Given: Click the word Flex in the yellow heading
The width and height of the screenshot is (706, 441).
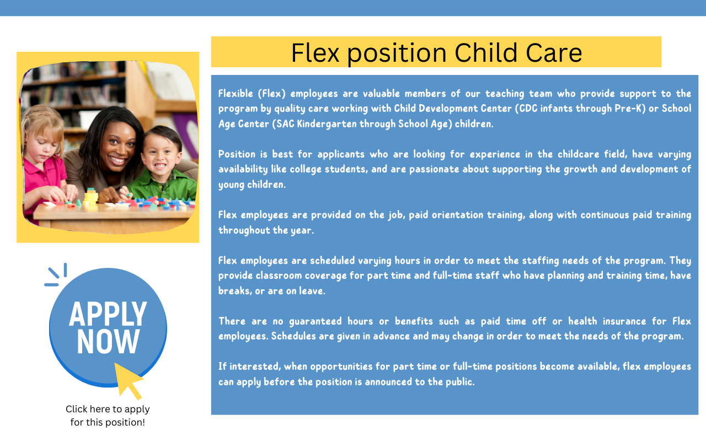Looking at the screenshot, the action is (315, 52).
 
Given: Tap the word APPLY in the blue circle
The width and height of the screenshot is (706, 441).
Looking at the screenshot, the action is (108, 314).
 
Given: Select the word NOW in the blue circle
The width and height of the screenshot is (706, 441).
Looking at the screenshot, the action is (108, 341).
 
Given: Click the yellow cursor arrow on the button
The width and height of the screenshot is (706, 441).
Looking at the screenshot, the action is (127, 380).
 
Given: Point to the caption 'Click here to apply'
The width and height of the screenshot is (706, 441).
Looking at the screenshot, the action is (108, 409).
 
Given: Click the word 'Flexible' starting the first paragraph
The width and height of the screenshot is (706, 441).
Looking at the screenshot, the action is (236, 94).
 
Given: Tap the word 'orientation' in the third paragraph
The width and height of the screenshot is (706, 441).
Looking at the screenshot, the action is (457, 215).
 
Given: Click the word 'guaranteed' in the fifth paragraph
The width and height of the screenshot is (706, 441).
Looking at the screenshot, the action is (315, 321).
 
